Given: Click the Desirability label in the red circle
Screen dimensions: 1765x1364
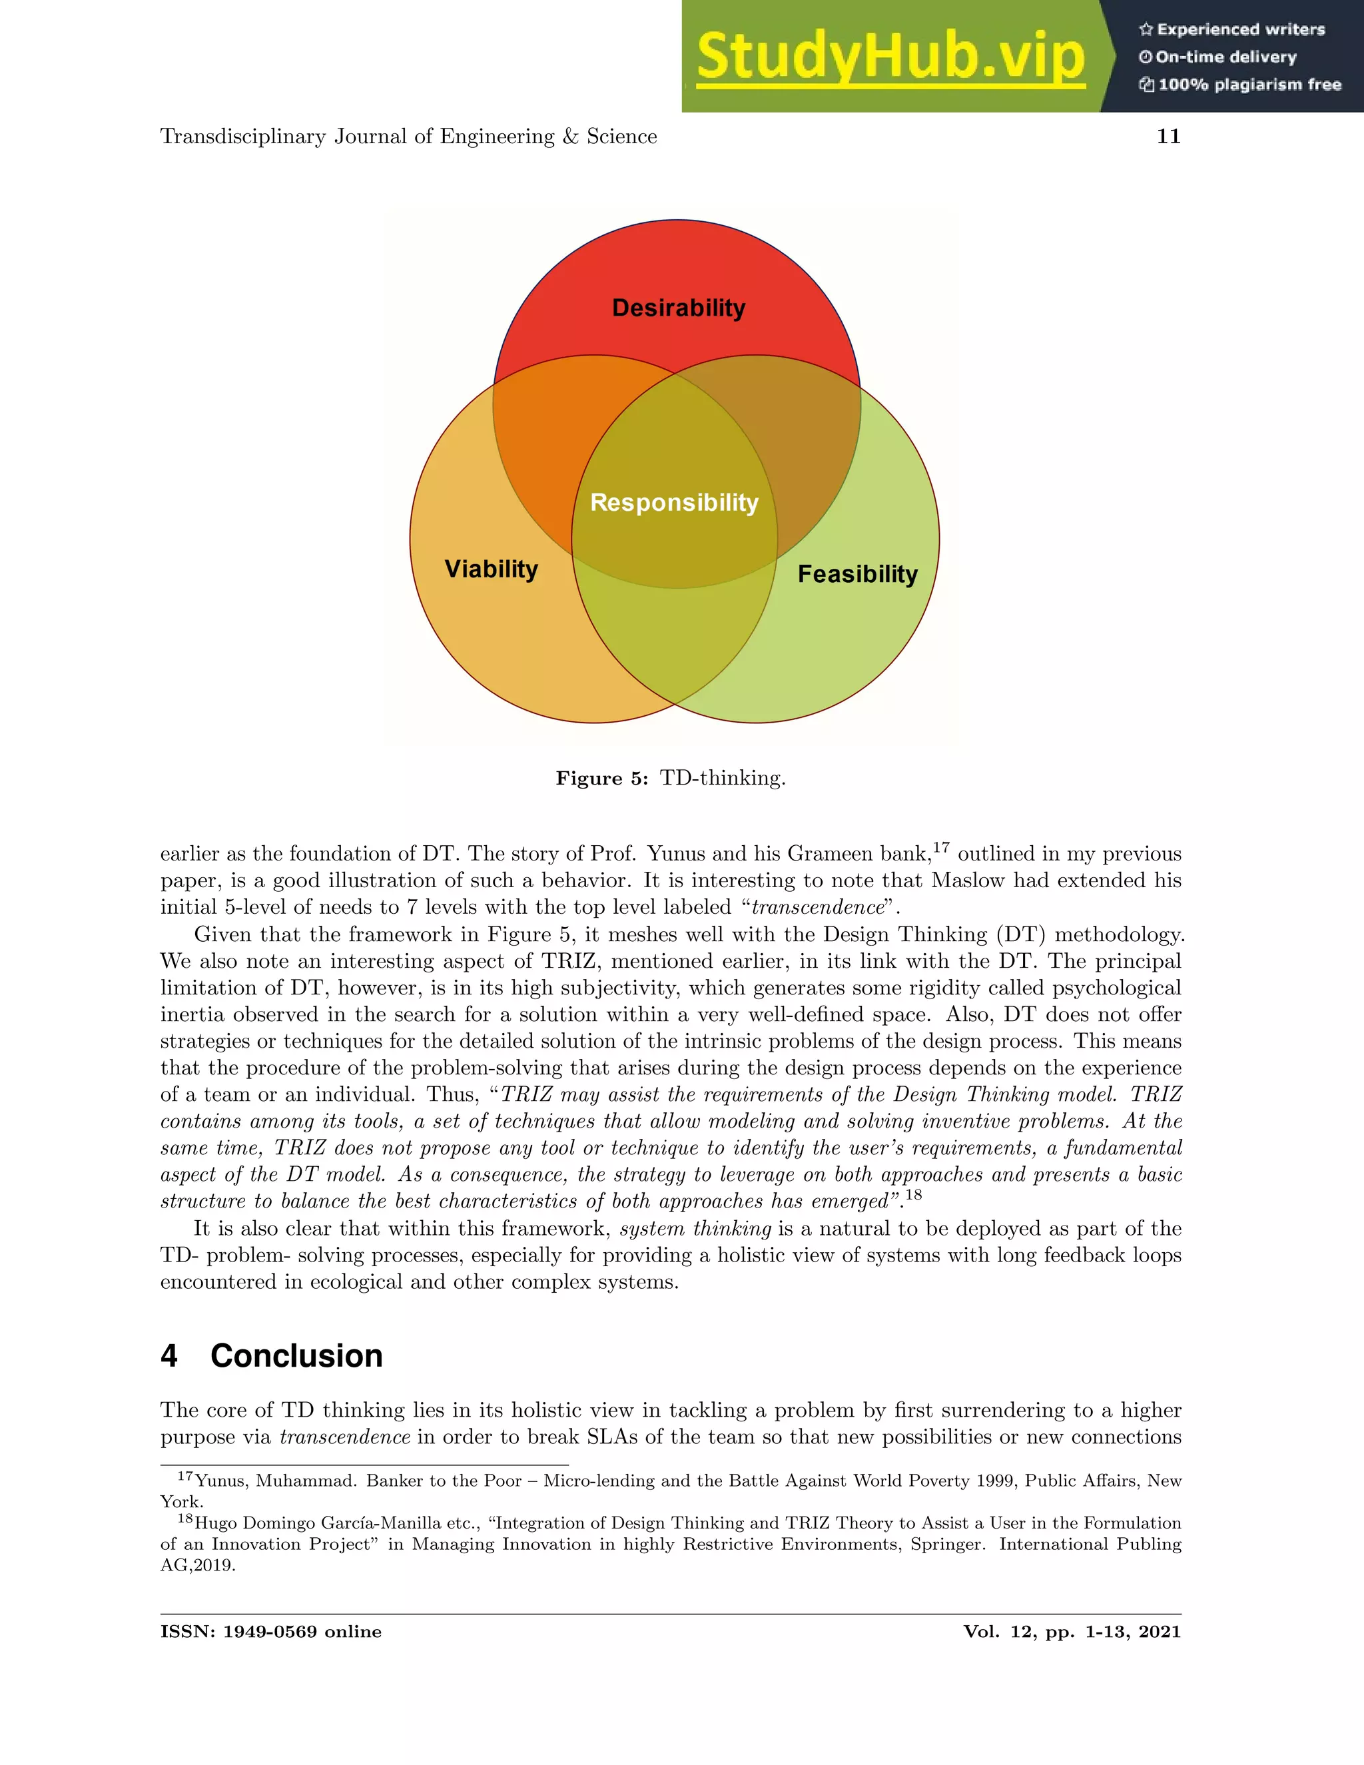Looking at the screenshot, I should tap(678, 308).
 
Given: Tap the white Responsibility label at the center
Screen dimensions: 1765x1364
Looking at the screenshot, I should tap(674, 502).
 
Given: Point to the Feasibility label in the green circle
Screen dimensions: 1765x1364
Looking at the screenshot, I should tap(857, 573).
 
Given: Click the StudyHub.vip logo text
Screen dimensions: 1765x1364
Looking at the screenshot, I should tap(890, 57).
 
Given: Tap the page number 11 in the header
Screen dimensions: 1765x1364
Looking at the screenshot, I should tap(1168, 137).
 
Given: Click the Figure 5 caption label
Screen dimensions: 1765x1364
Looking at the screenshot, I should tap(602, 778).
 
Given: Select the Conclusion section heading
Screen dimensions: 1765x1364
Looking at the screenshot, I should tap(296, 1356).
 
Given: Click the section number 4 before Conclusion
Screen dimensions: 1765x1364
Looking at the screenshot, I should tap(169, 1356).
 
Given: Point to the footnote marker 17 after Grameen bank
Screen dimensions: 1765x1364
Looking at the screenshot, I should tap(941, 847).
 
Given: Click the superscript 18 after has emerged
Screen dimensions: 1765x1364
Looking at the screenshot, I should tap(913, 1194).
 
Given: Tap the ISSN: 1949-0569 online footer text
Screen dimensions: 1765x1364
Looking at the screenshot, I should tap(270, 1632).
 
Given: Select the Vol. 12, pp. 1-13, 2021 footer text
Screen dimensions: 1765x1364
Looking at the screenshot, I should tap(1072, 1632).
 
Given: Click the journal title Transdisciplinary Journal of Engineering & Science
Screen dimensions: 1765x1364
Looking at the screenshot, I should tap(408, 137).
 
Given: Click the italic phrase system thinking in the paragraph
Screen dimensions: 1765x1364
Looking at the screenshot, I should tap(695, 1230).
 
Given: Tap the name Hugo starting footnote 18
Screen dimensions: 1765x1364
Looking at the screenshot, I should tap(216, 1523).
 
